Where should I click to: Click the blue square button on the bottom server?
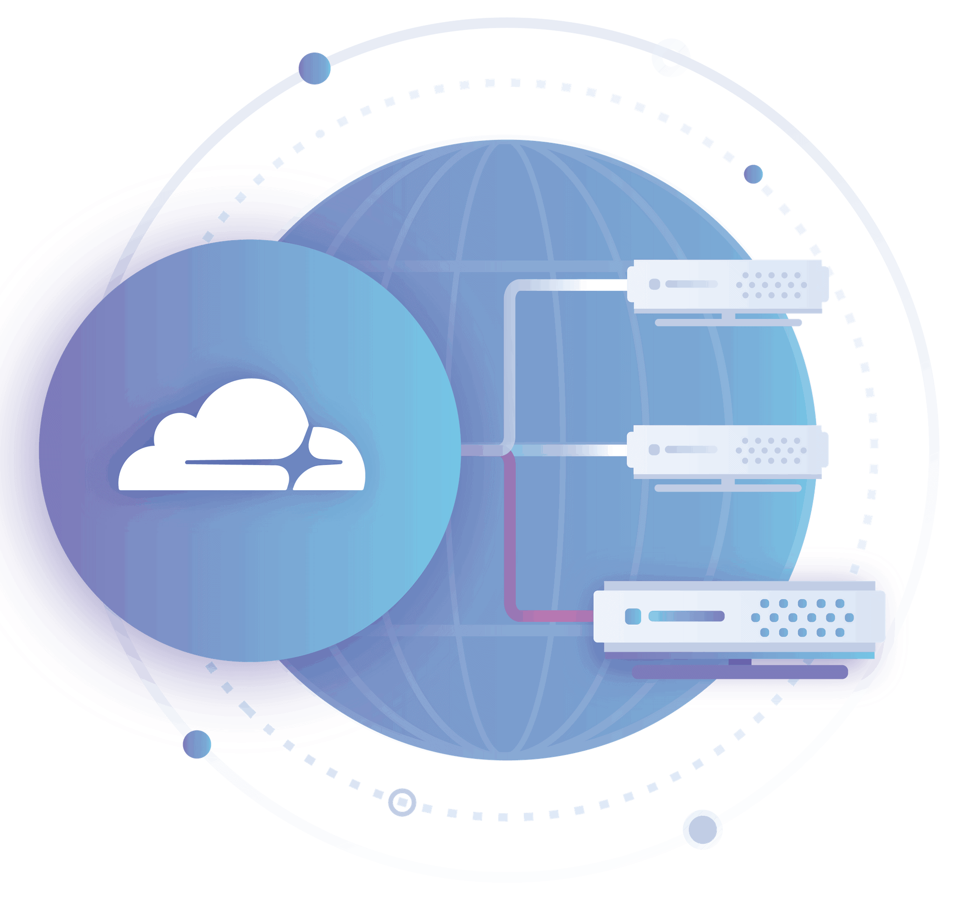tap(633, 617)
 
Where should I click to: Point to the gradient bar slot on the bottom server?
tap(686, 616)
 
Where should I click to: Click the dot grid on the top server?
tap(771, 285)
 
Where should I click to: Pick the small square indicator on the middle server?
tap(654, 450)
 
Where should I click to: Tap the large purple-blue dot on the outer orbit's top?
tap(314, 69)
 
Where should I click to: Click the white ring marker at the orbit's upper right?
tap(670, 57)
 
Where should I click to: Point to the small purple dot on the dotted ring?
tap(753, 174)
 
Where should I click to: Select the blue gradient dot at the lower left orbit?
tap(197, 744)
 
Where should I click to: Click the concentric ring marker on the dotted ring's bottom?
tap(402, 802)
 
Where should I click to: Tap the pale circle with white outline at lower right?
tap(702, 829)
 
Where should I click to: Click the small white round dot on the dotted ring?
tap(320, 134)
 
